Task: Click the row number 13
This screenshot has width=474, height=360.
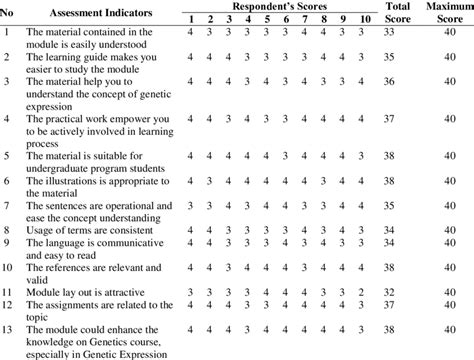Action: click(9, 327)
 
